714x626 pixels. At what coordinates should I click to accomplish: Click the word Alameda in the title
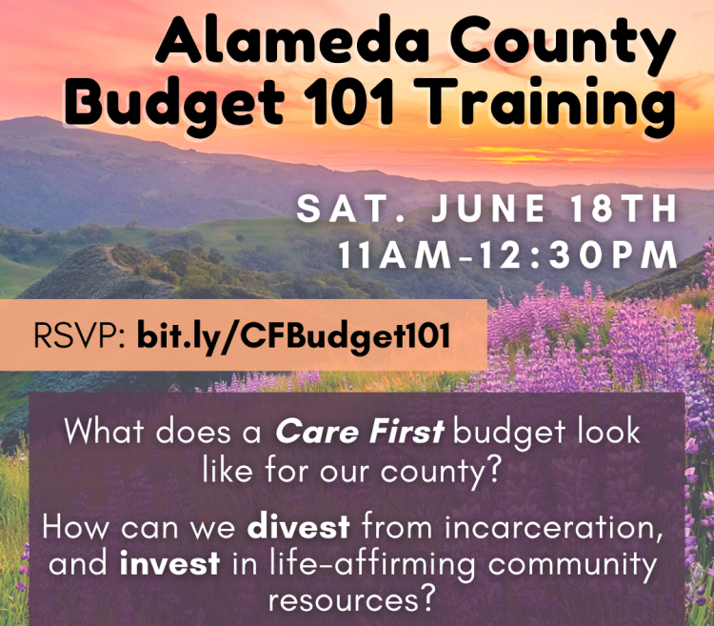point(292,40)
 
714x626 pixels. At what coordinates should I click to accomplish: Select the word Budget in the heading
point(174,104)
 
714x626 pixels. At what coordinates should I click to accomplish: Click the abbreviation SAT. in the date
point(350,209)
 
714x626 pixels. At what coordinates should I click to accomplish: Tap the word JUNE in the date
point(488,209)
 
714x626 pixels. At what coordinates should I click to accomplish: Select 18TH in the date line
point(625,209)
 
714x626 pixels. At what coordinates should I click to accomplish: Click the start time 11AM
point(394,254)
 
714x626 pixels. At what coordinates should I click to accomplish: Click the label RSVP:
point(79,335)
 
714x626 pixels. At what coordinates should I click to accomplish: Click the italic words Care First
point(359,432)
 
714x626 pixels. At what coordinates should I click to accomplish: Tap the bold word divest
point(299,527)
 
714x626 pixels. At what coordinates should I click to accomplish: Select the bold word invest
point(169,563)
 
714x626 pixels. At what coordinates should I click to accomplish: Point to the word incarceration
point(553,528)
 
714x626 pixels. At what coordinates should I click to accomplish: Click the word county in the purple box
point(438,473)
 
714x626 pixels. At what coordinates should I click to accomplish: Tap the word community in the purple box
point(572,566)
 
